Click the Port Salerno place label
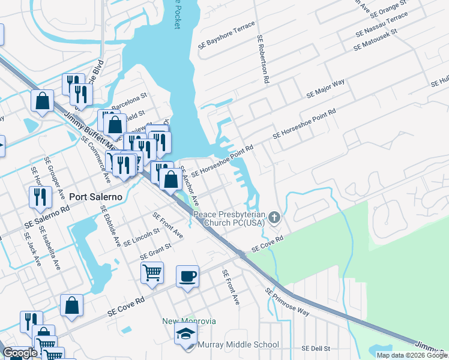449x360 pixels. pos(96,197)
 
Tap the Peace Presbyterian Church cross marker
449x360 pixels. pos(275,217)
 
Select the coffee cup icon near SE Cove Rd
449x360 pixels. pos(187,277)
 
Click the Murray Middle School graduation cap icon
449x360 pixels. pos(185,334)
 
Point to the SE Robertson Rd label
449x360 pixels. pos(262,62)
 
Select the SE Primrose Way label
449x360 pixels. pos(287,302)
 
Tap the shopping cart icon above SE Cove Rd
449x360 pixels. pos(152,272)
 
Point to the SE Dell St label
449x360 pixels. pos(316,348)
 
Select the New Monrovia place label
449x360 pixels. pos(188,321)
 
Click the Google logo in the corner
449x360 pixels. pos(20,353)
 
